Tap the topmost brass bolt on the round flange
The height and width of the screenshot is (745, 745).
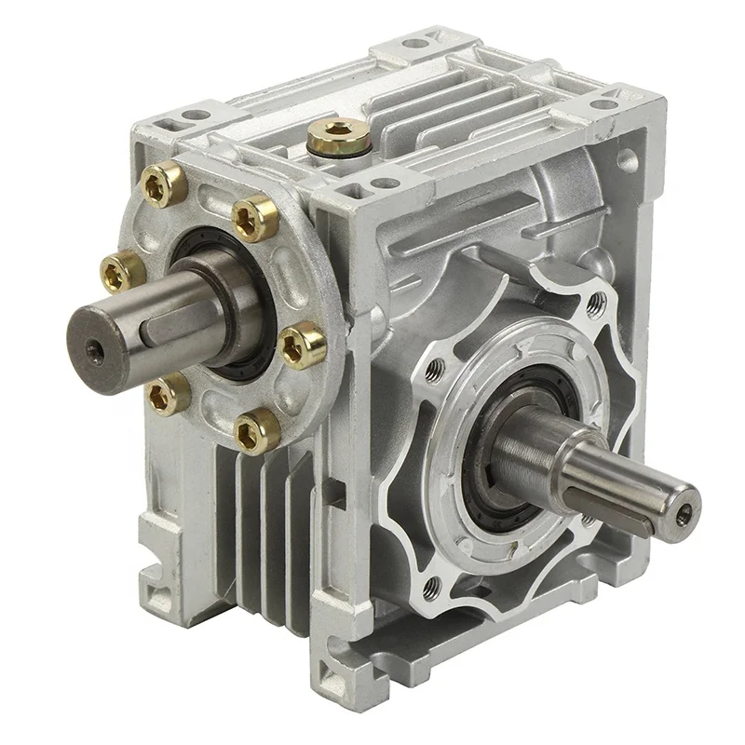point(166,183)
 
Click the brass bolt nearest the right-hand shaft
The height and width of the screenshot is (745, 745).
point(304,345)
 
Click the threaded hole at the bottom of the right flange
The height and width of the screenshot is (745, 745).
point(431,585)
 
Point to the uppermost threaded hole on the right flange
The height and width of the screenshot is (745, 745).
point(596,300)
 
